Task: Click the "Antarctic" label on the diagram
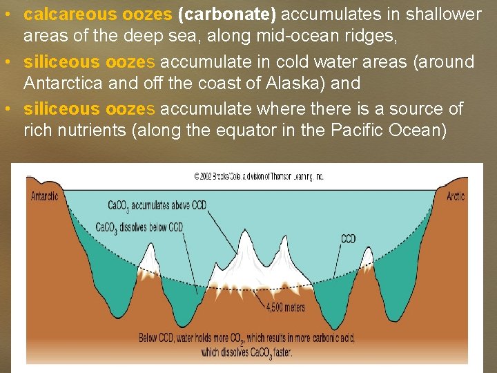click(45, 196)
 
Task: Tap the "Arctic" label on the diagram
click(456, 196)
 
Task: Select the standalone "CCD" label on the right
click(349, 240)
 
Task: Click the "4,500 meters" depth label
click(284, 308)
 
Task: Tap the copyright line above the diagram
click(258, 177)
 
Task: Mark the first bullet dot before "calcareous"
click(8, 15)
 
